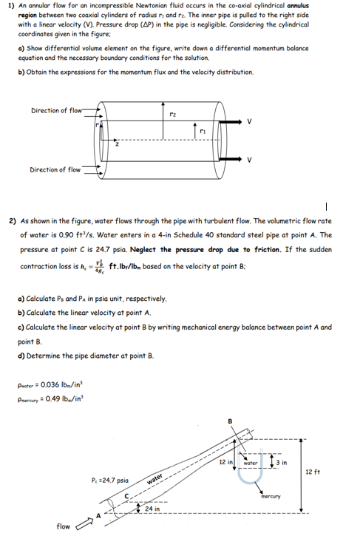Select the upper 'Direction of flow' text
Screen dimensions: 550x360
(x=55, y=111)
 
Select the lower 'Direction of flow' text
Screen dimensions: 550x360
(x=55, y=170)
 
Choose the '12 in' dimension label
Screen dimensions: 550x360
(x=226, y=462)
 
